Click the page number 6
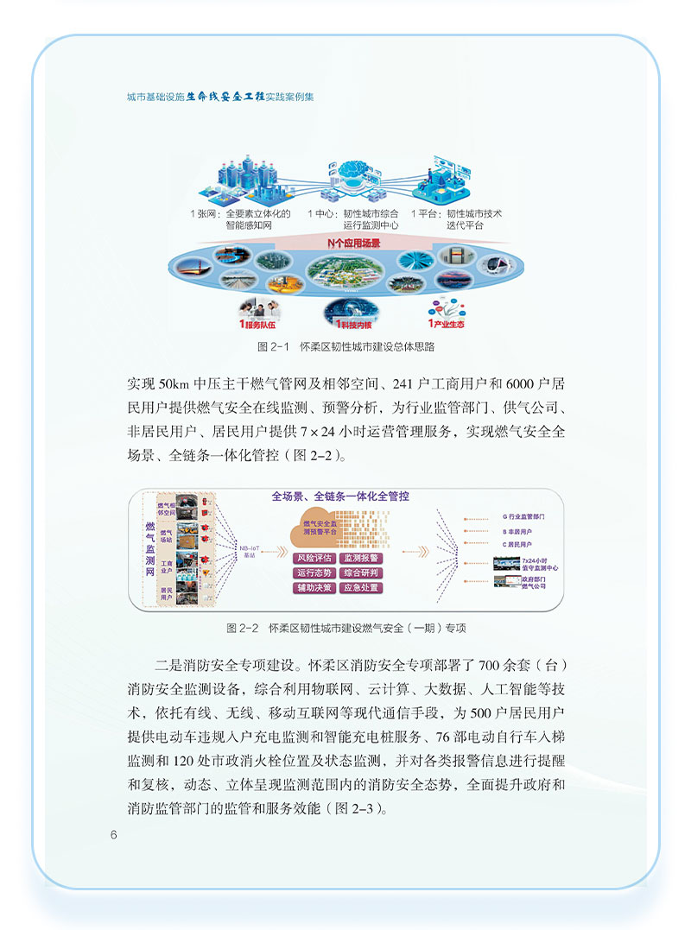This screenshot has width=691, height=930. click(x=113, y=834)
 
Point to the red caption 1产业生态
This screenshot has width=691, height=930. click(x=447, y=325)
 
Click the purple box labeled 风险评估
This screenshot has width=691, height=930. click(x=316, y=558)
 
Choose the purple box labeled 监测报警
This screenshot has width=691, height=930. click(x=361, y=558)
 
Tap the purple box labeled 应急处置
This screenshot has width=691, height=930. click(x=361, y=588)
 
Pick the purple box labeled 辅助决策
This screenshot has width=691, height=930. click(x=316, y=588)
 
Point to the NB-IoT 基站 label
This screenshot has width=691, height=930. click(x=250, y=548)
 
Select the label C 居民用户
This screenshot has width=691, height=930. click(x=517, y=545)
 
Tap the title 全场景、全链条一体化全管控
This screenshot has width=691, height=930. click(x=340, y=497)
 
